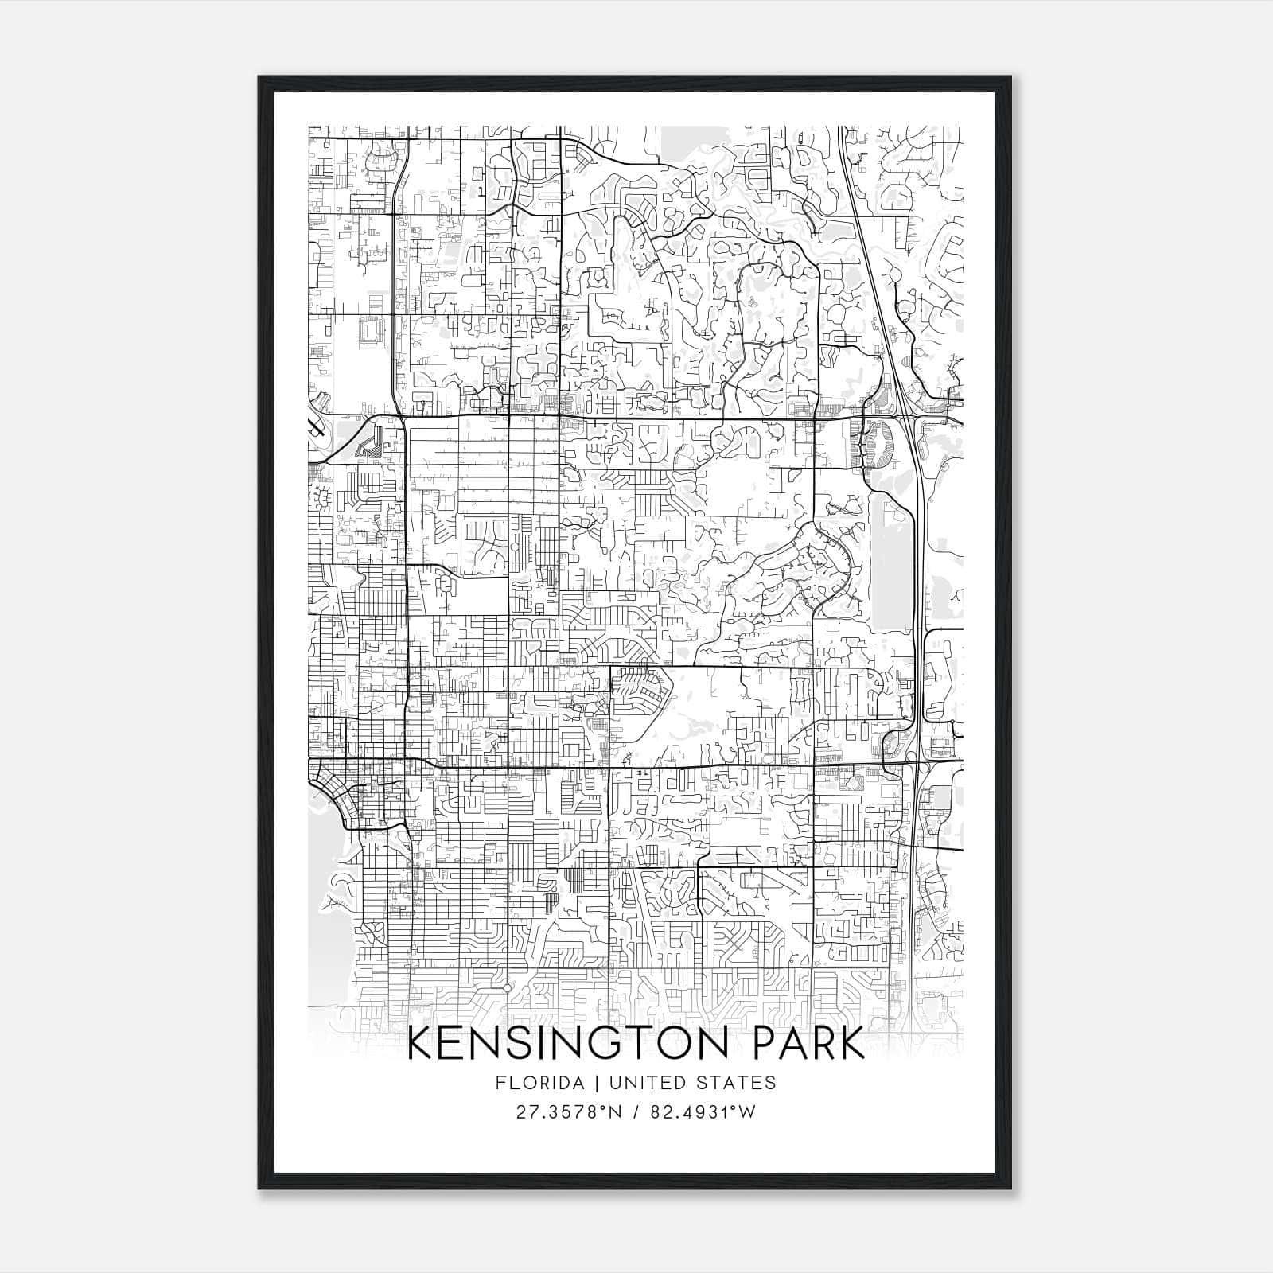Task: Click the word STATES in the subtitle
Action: tap(736, 1083)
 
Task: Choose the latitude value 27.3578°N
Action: tap(566, 1112)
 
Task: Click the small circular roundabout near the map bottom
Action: tap(507, 987)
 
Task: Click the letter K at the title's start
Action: tap(421, 1044)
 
